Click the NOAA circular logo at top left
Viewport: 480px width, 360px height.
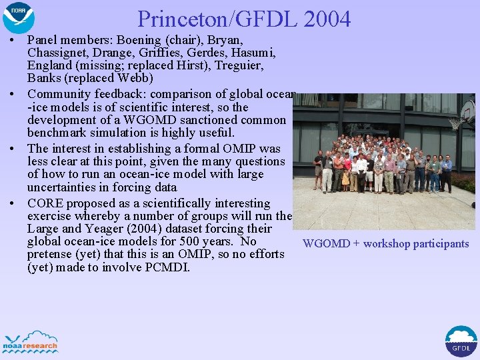[18, 17]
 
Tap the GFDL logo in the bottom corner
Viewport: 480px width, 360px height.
[461, 341]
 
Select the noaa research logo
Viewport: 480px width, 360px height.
[31, 341]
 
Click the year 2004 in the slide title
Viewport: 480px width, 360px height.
[326, 19]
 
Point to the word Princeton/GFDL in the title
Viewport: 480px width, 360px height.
[217, 19]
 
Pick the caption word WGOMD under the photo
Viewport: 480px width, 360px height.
[326, 244]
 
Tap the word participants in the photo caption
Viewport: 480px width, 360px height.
[441, 244]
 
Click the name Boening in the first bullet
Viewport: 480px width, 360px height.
[141, 41]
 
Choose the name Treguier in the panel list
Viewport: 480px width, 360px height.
[238, 66]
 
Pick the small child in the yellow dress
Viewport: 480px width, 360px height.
[345, 178]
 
